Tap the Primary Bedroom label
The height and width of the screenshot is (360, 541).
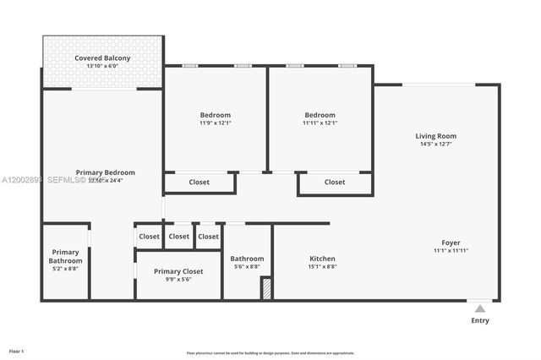pyautogui.click(x=105, y=172)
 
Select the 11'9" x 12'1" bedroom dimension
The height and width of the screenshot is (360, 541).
pyautogui.click(x=215, y=123)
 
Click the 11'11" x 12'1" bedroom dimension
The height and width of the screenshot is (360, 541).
pyautogui.click(x=320, y=123)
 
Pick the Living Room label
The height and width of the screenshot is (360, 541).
pyautogui.click(x=435, y=136)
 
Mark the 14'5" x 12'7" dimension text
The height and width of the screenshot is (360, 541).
pyautogui.click(x=435, y=145)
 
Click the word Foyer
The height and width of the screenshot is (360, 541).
pyautogui.click(x=451, y=243)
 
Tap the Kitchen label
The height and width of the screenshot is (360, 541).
pyautogui.click(x=322, y=259)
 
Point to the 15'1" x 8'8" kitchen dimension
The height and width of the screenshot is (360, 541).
pyautogui.click(x=322, y=267)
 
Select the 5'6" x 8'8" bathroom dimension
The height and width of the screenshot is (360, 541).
pyautogui.click(x=247, y=267)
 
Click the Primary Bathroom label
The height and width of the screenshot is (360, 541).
pyautogui.click(x=65, y=256)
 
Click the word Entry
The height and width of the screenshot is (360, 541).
pyautogui.click(x=479, y=320)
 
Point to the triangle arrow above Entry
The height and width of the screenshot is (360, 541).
pyautogui.click(x=479, y=308)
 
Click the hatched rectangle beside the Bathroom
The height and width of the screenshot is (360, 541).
pyautogui.click(x=266, y=289)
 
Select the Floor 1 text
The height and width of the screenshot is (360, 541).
pyautogui.click(x=17, y=351)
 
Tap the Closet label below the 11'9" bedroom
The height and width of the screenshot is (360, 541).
pyautogui.click(x=199, y=182)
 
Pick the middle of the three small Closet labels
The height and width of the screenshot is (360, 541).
pyautogui.click(x=178, y=237)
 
